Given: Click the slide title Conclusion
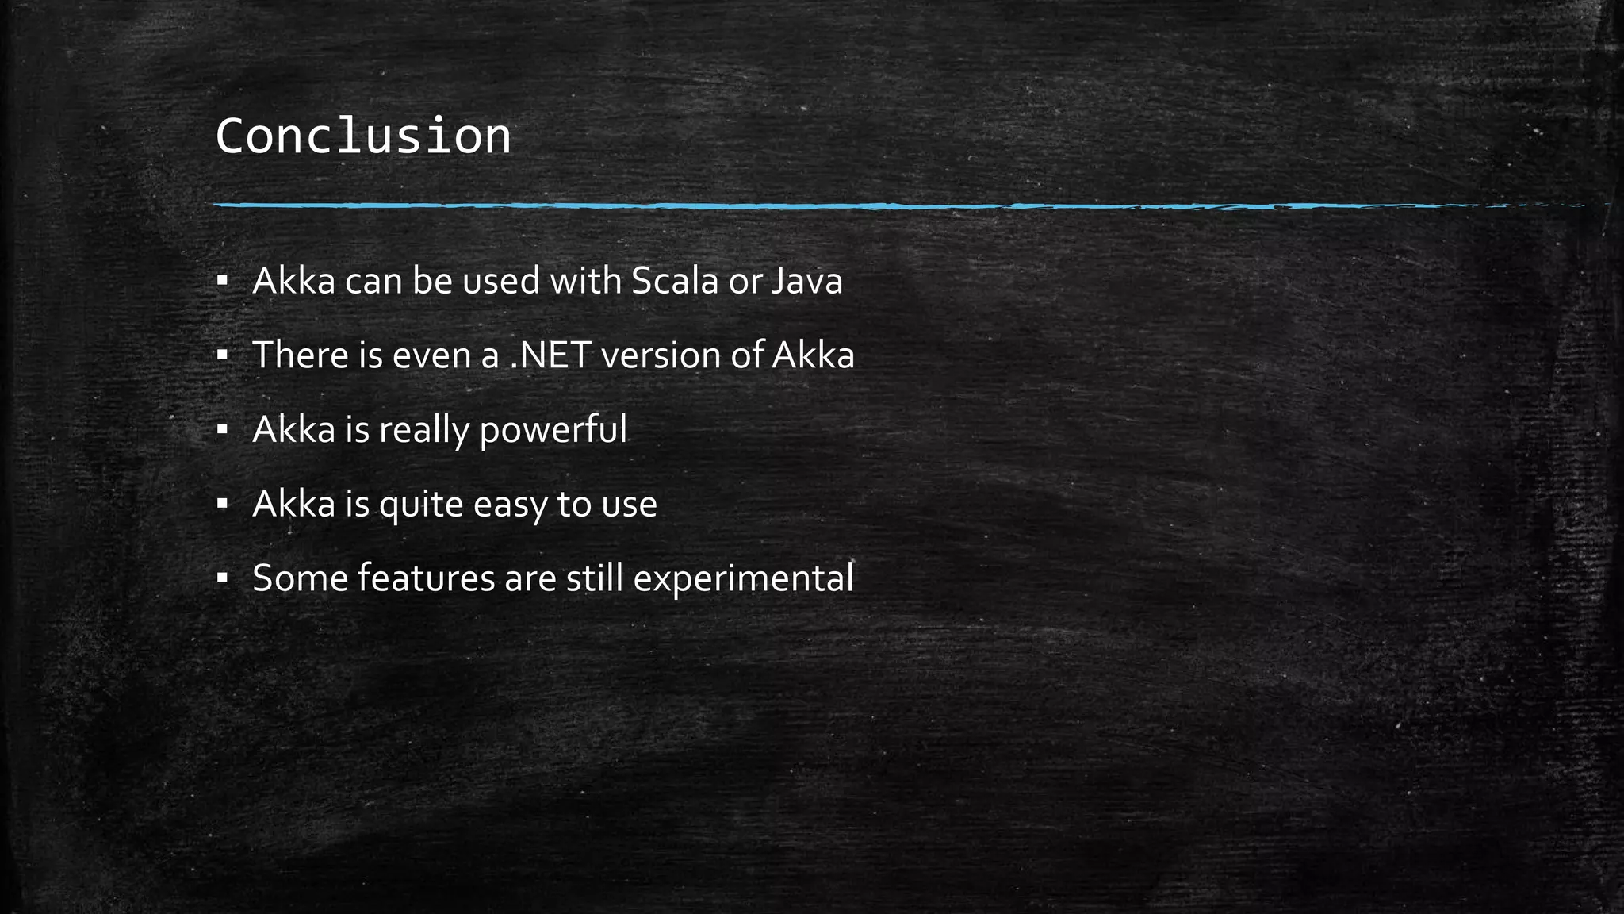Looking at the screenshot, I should (x=363, y=136).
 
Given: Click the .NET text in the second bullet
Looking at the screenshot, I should (x=550, y=355).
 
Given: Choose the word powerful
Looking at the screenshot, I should (x=553, y=430).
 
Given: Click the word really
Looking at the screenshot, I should (x=424, y=430).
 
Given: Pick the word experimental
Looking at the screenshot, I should (x=743, y=578).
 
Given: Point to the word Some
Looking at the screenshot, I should (x=300, y=578).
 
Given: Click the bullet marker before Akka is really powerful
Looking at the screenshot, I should (x=222, y=430).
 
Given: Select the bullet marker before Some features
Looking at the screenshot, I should (x=222, y=578).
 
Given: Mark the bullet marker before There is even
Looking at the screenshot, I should (x=222, y=355).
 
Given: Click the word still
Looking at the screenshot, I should (x=595, y=578).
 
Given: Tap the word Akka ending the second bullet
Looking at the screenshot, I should (x=813, y=355).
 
